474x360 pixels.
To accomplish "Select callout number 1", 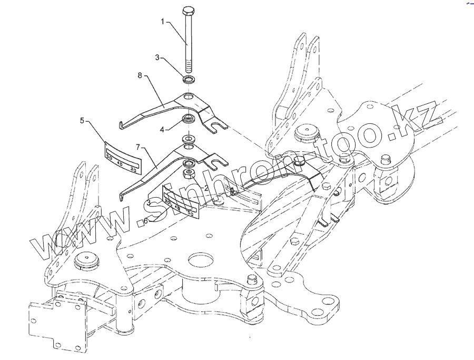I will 163,22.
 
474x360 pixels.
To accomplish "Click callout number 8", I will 140,76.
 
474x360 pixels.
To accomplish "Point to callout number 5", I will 82,121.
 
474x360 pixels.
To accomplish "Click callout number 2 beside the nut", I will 206,187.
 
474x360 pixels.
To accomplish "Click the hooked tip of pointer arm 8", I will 121,124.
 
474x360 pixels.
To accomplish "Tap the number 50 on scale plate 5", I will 110,157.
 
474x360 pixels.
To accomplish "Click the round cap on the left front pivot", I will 85,261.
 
